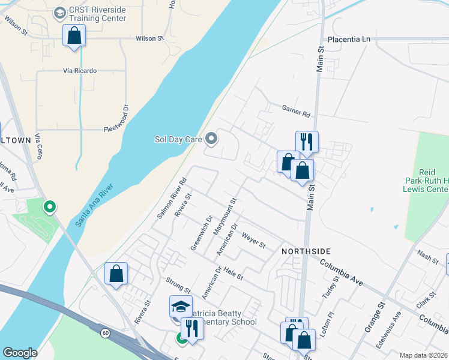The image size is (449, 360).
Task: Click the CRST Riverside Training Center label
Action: (98, 14)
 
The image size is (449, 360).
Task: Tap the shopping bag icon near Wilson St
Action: (74, 35)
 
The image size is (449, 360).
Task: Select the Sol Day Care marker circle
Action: (211, 139)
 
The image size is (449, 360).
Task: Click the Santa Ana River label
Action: (95, 207)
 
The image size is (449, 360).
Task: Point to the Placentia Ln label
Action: (349, 39)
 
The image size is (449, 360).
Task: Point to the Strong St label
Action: (178, 281)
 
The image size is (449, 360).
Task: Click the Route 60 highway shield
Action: (105, 332)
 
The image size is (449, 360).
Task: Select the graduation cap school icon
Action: (181, 306)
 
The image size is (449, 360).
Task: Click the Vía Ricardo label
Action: (79, 71)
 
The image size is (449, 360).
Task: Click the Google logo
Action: (20, 353)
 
